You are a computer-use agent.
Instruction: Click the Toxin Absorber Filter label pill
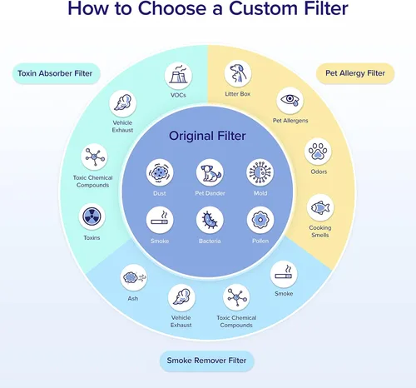[x=57, y=73]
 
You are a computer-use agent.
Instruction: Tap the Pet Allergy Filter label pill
[x=355, y=73]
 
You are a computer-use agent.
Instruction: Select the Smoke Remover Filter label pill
[x=207, y=361]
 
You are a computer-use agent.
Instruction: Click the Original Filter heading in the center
[x=207, y=136]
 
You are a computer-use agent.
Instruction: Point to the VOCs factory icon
[x=178, y=76]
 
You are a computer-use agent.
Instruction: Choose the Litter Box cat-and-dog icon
[x=238, y=74]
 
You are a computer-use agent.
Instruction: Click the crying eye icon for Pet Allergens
[x=290, y=101]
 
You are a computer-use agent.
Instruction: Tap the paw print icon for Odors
[x=318, y=152]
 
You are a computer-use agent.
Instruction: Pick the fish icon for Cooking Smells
[x=320, y=207]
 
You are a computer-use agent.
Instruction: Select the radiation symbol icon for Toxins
[x=92, y=216]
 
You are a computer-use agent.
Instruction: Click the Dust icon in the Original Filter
[x=160, y=172]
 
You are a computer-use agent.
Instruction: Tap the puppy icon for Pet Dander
[x=210, y=172]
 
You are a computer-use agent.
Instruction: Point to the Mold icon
[x=260, y=172]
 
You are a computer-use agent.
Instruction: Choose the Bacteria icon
[x=210, y=220]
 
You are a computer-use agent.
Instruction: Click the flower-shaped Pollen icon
[x=260, y=220]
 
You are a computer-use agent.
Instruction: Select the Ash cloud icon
[x=134, y=278]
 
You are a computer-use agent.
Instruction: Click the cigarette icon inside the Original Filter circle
[x=160, y=220]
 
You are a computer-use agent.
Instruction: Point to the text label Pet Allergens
[x=290, y=121]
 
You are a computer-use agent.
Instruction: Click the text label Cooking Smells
[x=320, y=231]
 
